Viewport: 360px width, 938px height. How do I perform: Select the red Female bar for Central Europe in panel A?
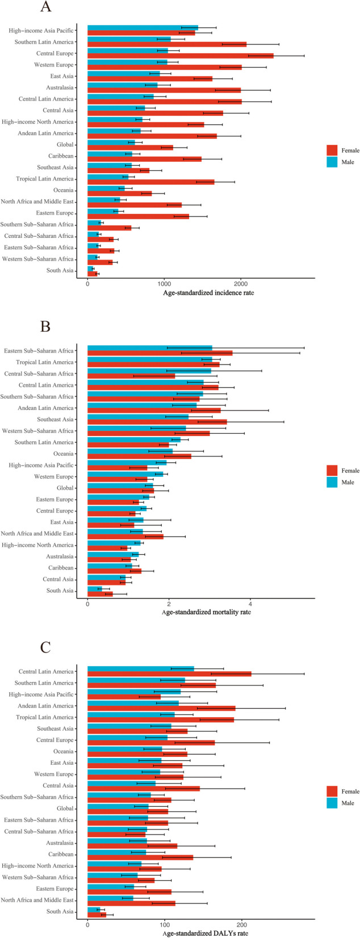coord(180,56)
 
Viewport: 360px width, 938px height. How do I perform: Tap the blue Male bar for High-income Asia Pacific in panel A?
coord(143,27)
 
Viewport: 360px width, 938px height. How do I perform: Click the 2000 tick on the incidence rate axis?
coord(241,283)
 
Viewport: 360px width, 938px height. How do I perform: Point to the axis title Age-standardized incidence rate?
coord(201,292)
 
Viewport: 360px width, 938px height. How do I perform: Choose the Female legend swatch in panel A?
coord(332,150)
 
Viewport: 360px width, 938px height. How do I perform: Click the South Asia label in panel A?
coord(60,271)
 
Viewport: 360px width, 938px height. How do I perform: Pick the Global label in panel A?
coord(65,145)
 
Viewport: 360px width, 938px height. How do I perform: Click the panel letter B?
coord(46,328)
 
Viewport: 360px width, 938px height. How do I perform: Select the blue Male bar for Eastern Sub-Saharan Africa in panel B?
coord(149,348)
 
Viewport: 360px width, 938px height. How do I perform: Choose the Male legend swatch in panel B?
coord(332,482)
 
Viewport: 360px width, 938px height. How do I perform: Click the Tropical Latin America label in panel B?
coord(45,362)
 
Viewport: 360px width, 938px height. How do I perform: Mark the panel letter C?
coord(46,648)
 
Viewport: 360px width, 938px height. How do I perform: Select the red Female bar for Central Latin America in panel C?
coord(169,674)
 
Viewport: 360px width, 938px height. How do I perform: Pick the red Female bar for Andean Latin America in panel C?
coord(161,708)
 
